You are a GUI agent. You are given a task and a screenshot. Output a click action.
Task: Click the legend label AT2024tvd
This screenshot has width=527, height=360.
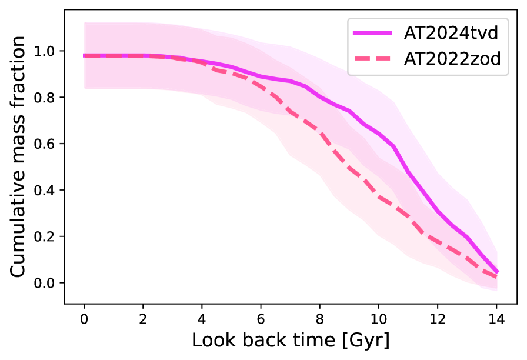point(451,33)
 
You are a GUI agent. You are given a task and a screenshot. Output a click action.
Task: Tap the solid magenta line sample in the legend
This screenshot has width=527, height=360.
point(372,33)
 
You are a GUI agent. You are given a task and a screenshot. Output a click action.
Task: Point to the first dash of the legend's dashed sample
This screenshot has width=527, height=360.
point(361,59)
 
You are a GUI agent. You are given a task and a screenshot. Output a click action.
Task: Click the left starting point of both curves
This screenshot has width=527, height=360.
point(85,55)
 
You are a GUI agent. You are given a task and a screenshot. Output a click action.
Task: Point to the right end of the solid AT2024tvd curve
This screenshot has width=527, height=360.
point(498,272)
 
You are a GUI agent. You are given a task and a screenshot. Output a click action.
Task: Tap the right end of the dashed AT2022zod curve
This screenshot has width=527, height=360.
point(497,277)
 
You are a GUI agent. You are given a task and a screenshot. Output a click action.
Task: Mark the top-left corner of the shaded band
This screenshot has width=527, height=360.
point(85,22)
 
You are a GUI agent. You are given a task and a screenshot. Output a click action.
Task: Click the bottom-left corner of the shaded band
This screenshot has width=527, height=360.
point(85,88)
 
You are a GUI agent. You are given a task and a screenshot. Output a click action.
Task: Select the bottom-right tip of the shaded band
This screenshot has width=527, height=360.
point(498,291)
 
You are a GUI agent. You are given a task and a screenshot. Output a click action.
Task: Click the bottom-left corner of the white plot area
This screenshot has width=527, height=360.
point(65,303)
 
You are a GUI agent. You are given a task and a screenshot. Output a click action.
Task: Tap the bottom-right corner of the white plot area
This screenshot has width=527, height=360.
point(518,303)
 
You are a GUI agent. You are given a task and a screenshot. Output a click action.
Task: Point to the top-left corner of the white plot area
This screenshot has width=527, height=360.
point(65,10)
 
